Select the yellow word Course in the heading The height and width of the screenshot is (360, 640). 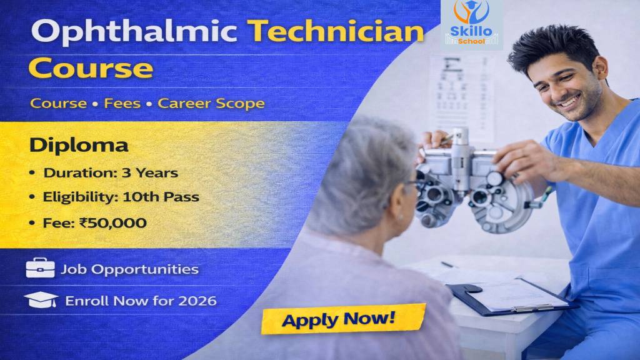(x=91, y=67)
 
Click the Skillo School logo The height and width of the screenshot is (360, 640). (x=471, y=25)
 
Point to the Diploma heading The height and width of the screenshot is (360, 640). (x=79, y=145)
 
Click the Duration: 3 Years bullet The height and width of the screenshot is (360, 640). (x=110, y=172)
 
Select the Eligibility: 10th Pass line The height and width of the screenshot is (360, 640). (x=121, y=197)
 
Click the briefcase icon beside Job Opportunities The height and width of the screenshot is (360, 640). (x=40, y=269)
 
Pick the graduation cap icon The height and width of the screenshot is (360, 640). (x=41, y=300)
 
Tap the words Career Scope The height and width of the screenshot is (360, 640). (x=211, y=103)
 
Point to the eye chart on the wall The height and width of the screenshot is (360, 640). (x=462, y=94)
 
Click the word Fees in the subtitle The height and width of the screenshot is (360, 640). (x=122, y=103)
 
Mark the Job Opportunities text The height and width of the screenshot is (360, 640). (x=129, y=269)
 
